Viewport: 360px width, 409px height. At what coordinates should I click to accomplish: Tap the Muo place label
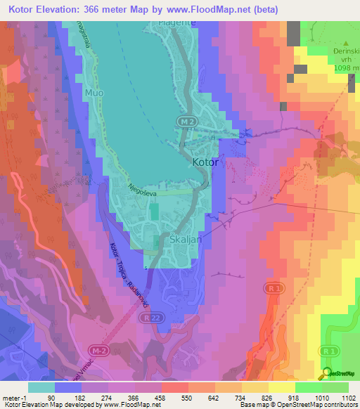point(94,92)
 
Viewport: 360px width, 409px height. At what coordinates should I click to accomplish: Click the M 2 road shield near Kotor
point(185,122)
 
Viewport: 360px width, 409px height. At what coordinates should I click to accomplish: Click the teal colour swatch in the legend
point(41,387)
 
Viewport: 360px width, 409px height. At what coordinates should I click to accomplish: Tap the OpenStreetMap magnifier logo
point(327,373)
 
